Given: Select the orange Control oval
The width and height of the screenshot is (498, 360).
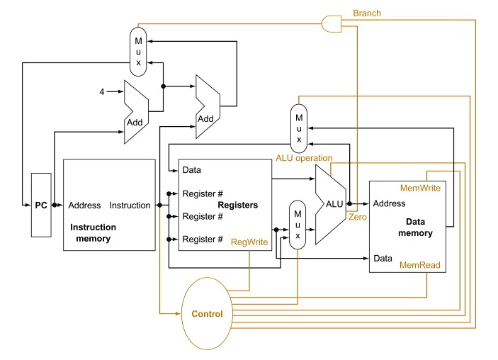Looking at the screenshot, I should click(x=207, y=313).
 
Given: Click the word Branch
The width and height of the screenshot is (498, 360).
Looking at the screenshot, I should click(x=366, y=13).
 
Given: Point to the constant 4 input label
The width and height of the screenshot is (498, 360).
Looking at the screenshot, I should click(x=102, y=92).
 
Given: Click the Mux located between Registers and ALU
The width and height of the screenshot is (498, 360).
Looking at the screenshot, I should click(x=298, y=224).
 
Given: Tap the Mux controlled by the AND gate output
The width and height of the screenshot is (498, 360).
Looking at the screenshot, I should click(x=139, y=51).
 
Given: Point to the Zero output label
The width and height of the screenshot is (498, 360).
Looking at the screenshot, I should click(x=357, y=217).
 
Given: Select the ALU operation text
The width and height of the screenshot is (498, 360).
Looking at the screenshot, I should click(x=303, y=157).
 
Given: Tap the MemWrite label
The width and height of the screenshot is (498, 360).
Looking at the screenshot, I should click(x=420, y=189).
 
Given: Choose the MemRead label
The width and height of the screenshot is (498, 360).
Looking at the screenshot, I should click(x=421, y=265).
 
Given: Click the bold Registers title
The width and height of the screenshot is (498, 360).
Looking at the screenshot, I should click(x=237, y=205).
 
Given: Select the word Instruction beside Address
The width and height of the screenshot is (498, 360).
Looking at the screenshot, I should click(x=130, y=206).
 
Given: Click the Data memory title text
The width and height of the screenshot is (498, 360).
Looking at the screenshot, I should click(x=414, y=227).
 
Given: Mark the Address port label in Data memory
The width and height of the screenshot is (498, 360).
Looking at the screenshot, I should click(x=390, y=203).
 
